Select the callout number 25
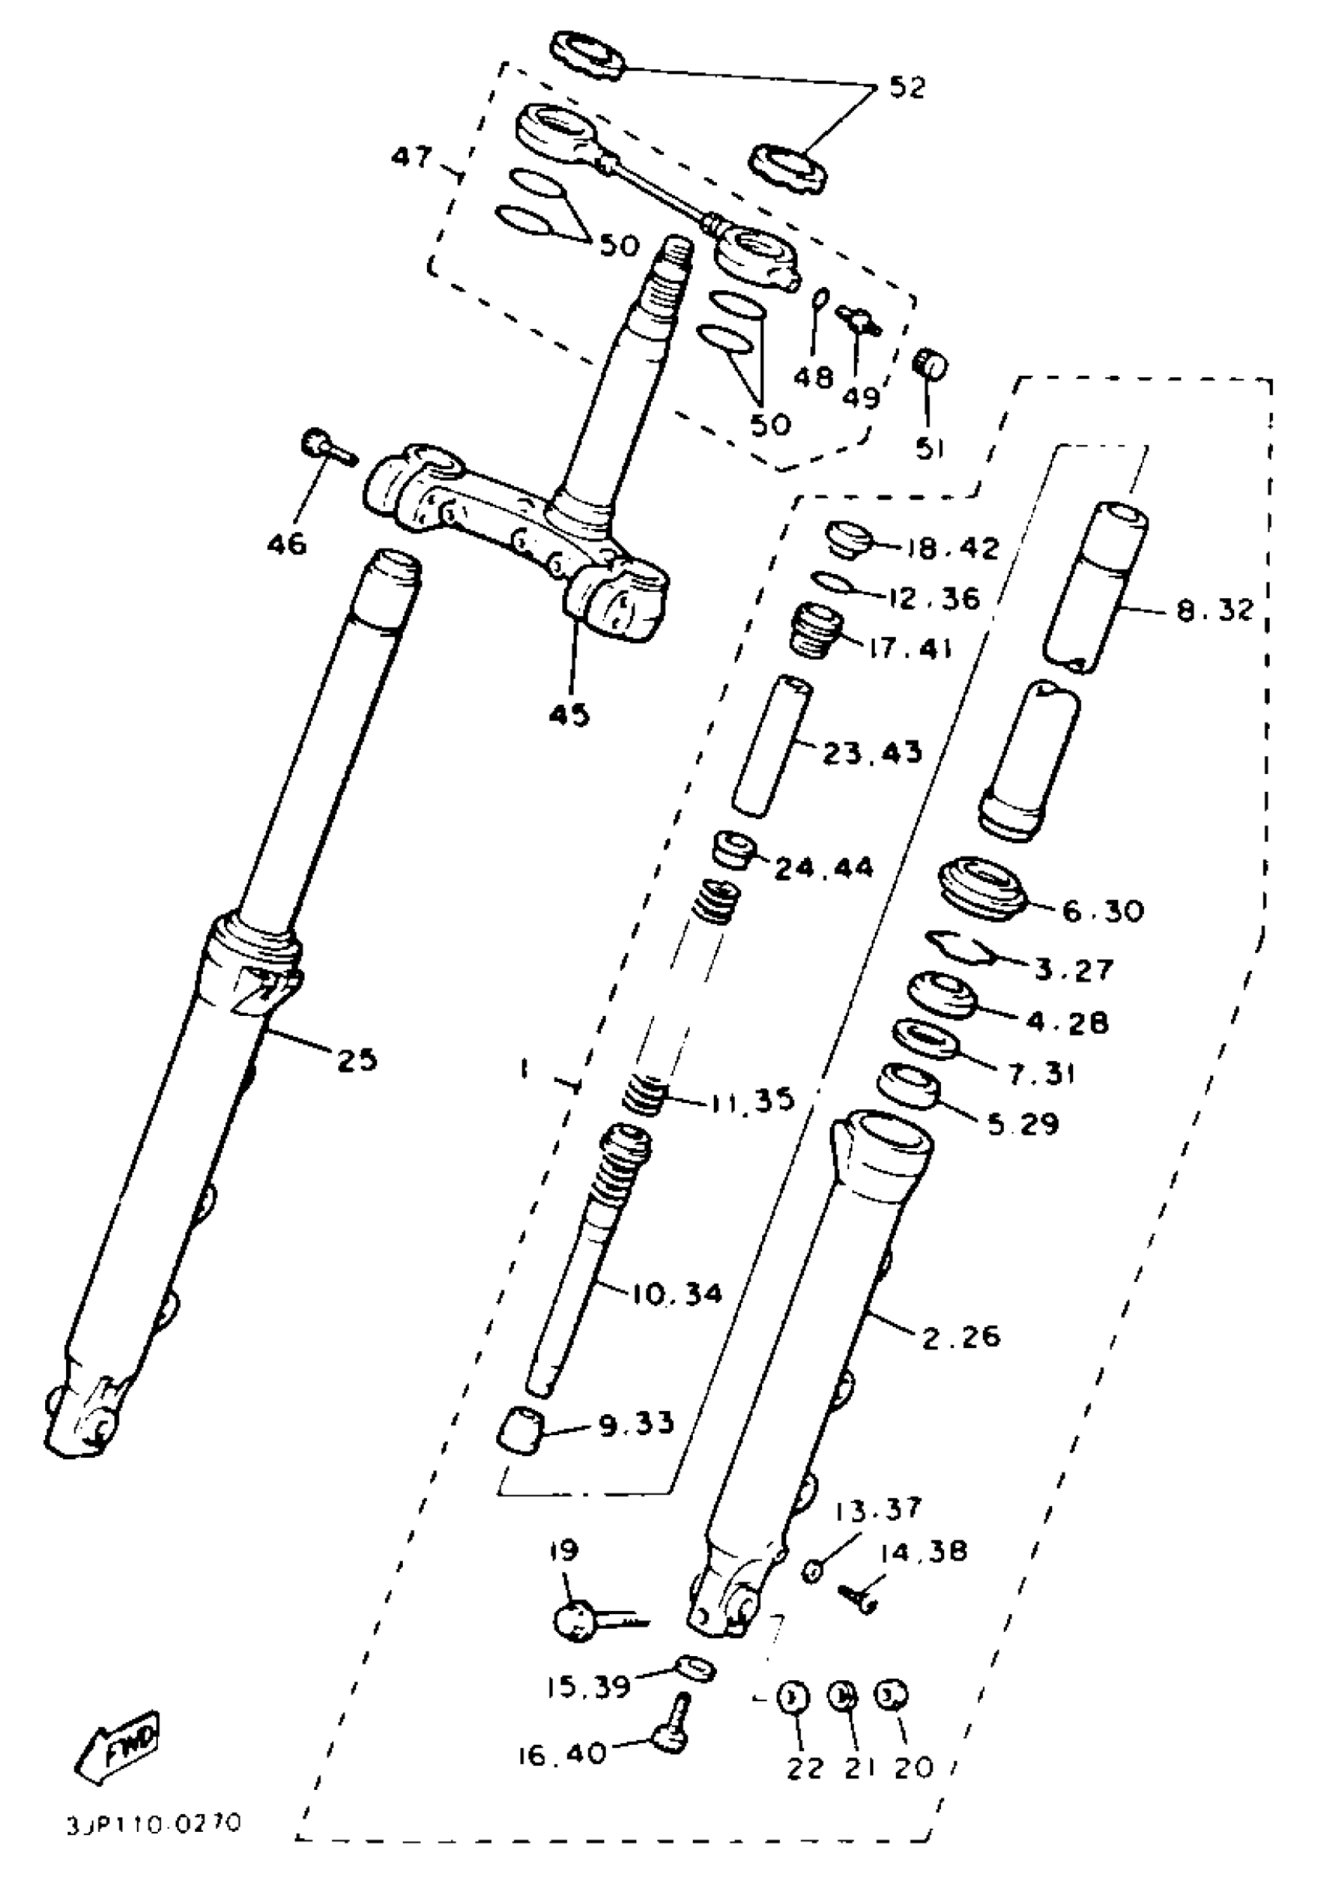(x=357, y=1060)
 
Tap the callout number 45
(x=568, y=716)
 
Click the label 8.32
(x=1214, y=610)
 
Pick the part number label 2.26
(x=961, y=1336)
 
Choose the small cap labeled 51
(x=929, y=362)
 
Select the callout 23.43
(x=872, y=752)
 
